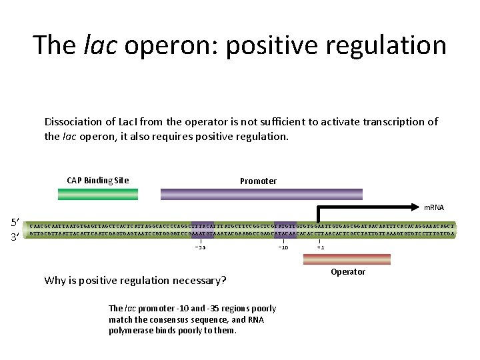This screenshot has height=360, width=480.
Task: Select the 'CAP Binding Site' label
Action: click(98, 181)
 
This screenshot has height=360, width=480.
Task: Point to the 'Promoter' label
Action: click(259, 181)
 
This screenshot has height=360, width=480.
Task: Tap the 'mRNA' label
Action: click(434, 207)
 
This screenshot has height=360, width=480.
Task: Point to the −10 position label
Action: click(283, 247)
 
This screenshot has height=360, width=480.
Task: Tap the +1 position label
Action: click(320, 247)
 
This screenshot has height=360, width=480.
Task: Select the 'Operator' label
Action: click(348, 272)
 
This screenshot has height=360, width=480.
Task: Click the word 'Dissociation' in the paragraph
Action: click(72, 122)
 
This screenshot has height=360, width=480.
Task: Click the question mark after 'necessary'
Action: click(223, 280)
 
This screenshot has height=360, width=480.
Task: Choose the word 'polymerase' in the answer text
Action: click(131, 331)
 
